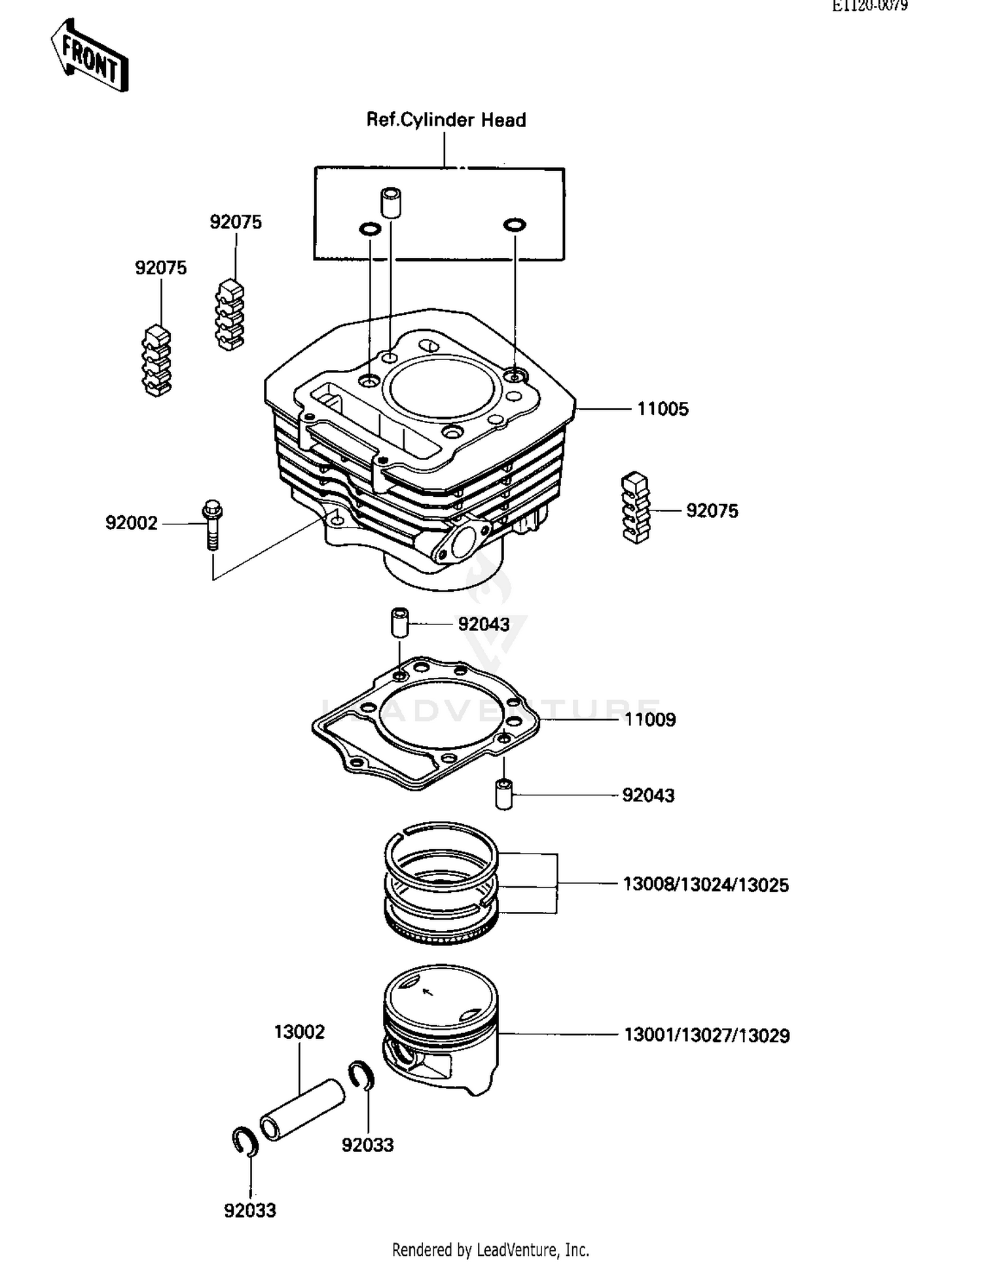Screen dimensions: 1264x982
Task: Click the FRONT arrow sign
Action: pyautogui.click(x=90, y=55)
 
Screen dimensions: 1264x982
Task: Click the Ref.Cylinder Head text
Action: pyautogui.click(x=446, y=120)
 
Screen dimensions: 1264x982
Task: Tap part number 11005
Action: pyautogui.click(x=663, y=409)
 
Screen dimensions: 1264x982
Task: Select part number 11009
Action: pyautogui.click(x=649, y=719)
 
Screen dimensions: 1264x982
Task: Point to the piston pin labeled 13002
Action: pyautogui.click(x=302, y=1110)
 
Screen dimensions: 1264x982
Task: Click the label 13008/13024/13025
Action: pyautogui.click(x=706, y=885)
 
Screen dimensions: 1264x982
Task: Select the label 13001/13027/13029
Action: pyautogui.click(x=706, y=1036)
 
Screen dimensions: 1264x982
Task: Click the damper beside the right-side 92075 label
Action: pyautogui.click(x=635, y=507)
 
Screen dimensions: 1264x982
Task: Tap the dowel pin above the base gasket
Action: pyautogui.click(x=399, y=622)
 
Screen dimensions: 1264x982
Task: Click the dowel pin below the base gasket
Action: pyautogui.click(x=503, y=794)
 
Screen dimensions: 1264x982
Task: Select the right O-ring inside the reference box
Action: pyautogui.click(x=515, y=225)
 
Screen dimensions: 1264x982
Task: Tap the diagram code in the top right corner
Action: pyautogui.click(x=869, y=6)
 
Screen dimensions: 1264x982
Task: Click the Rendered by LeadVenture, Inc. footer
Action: pyautogui.click(x=490, y=1249)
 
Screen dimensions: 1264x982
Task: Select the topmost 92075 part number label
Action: pyautogui.click(x=236, y=222)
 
